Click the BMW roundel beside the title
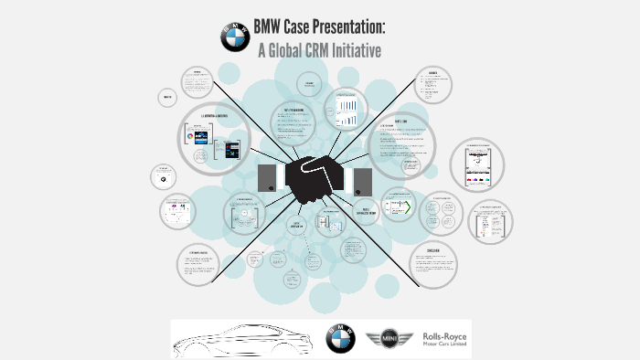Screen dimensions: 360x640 click(x=235, y=37)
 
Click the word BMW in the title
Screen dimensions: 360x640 click(x=277, y=26)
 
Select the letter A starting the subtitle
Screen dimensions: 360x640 click(x=262, y=49)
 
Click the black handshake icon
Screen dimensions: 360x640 click(x=316, y=177)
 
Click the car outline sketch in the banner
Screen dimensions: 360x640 click(x=241, y=340)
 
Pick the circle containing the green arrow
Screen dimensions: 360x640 click(x=399, y=206)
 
